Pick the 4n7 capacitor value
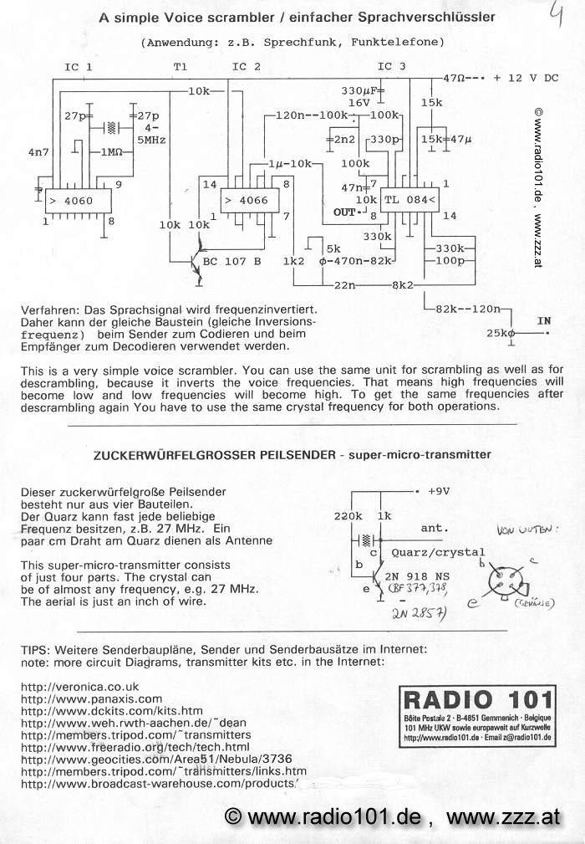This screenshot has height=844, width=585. click(x=38, y=154)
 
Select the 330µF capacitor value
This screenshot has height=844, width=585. click(x=360, y=90)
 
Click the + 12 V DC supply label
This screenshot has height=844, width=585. click(x=526, y=78)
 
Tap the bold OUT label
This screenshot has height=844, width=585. click(x=343, y=211)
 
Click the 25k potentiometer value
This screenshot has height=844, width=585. click(x=494, y=334)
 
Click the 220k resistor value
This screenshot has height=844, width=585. click(x=348, y=516)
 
